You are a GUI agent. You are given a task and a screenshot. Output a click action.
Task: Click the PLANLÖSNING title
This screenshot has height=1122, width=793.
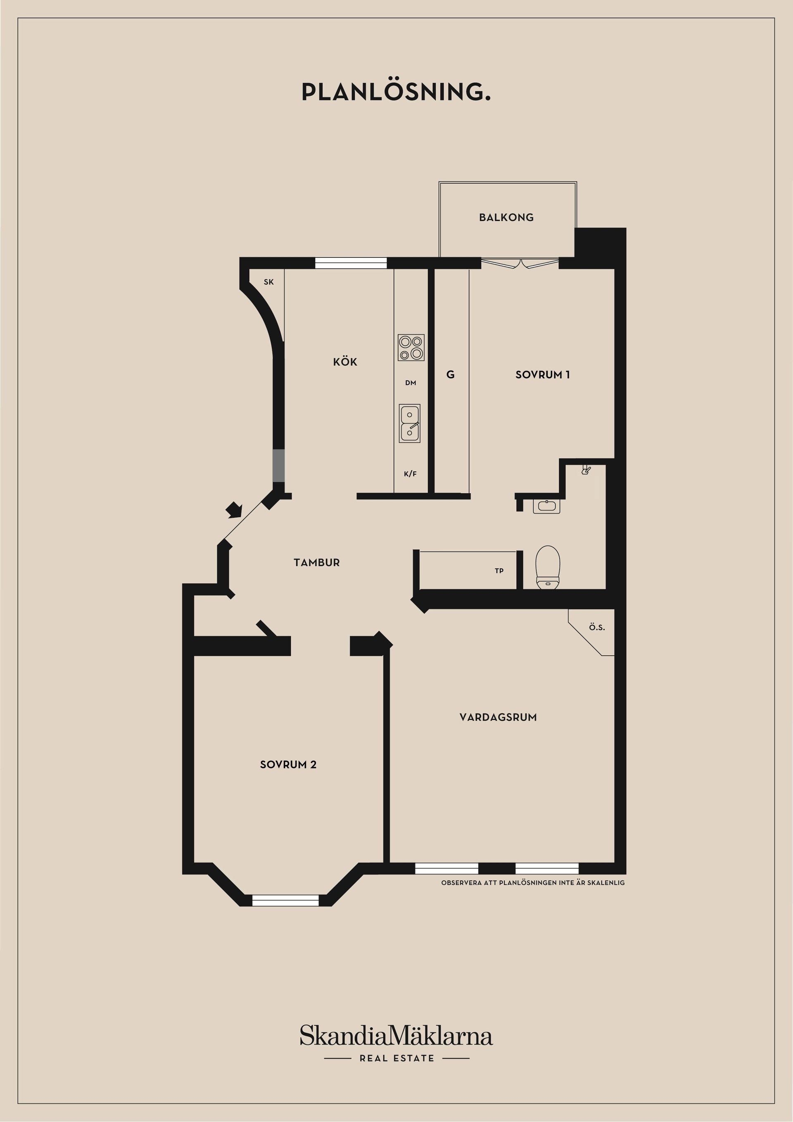point(396,92)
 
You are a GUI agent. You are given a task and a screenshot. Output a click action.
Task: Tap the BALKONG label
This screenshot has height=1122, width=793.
point(506,217)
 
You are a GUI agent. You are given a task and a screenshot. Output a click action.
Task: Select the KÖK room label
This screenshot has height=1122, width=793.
point(345,362)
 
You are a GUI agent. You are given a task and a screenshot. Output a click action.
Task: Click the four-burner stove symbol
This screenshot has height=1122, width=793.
point(411,347)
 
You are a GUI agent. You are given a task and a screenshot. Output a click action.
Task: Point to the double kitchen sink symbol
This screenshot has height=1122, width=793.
point(409,423)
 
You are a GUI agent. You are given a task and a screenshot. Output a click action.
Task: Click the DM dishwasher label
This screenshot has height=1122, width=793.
point(411,383)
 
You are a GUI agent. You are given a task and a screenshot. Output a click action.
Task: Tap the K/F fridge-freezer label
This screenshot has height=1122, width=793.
point(411,473)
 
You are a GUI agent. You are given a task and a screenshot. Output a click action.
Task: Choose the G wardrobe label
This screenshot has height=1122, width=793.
point(451,375)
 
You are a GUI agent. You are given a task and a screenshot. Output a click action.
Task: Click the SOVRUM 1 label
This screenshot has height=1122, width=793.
point(542,375)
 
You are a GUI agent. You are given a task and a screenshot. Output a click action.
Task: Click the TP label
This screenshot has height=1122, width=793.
point(499,571)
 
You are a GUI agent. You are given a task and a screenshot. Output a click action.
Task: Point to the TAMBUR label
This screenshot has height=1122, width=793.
point(317,563)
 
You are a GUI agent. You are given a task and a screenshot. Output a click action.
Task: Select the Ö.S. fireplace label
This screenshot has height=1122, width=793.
point(596,627)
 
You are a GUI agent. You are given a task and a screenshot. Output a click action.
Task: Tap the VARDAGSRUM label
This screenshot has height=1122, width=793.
point(498,718)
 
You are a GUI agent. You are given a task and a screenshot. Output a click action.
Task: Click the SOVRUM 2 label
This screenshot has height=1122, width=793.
point(288,765)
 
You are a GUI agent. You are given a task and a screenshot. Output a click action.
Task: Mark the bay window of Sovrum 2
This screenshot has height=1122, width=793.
point(285,900)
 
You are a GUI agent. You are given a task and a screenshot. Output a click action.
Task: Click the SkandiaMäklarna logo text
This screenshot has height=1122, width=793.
point(396,1036)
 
